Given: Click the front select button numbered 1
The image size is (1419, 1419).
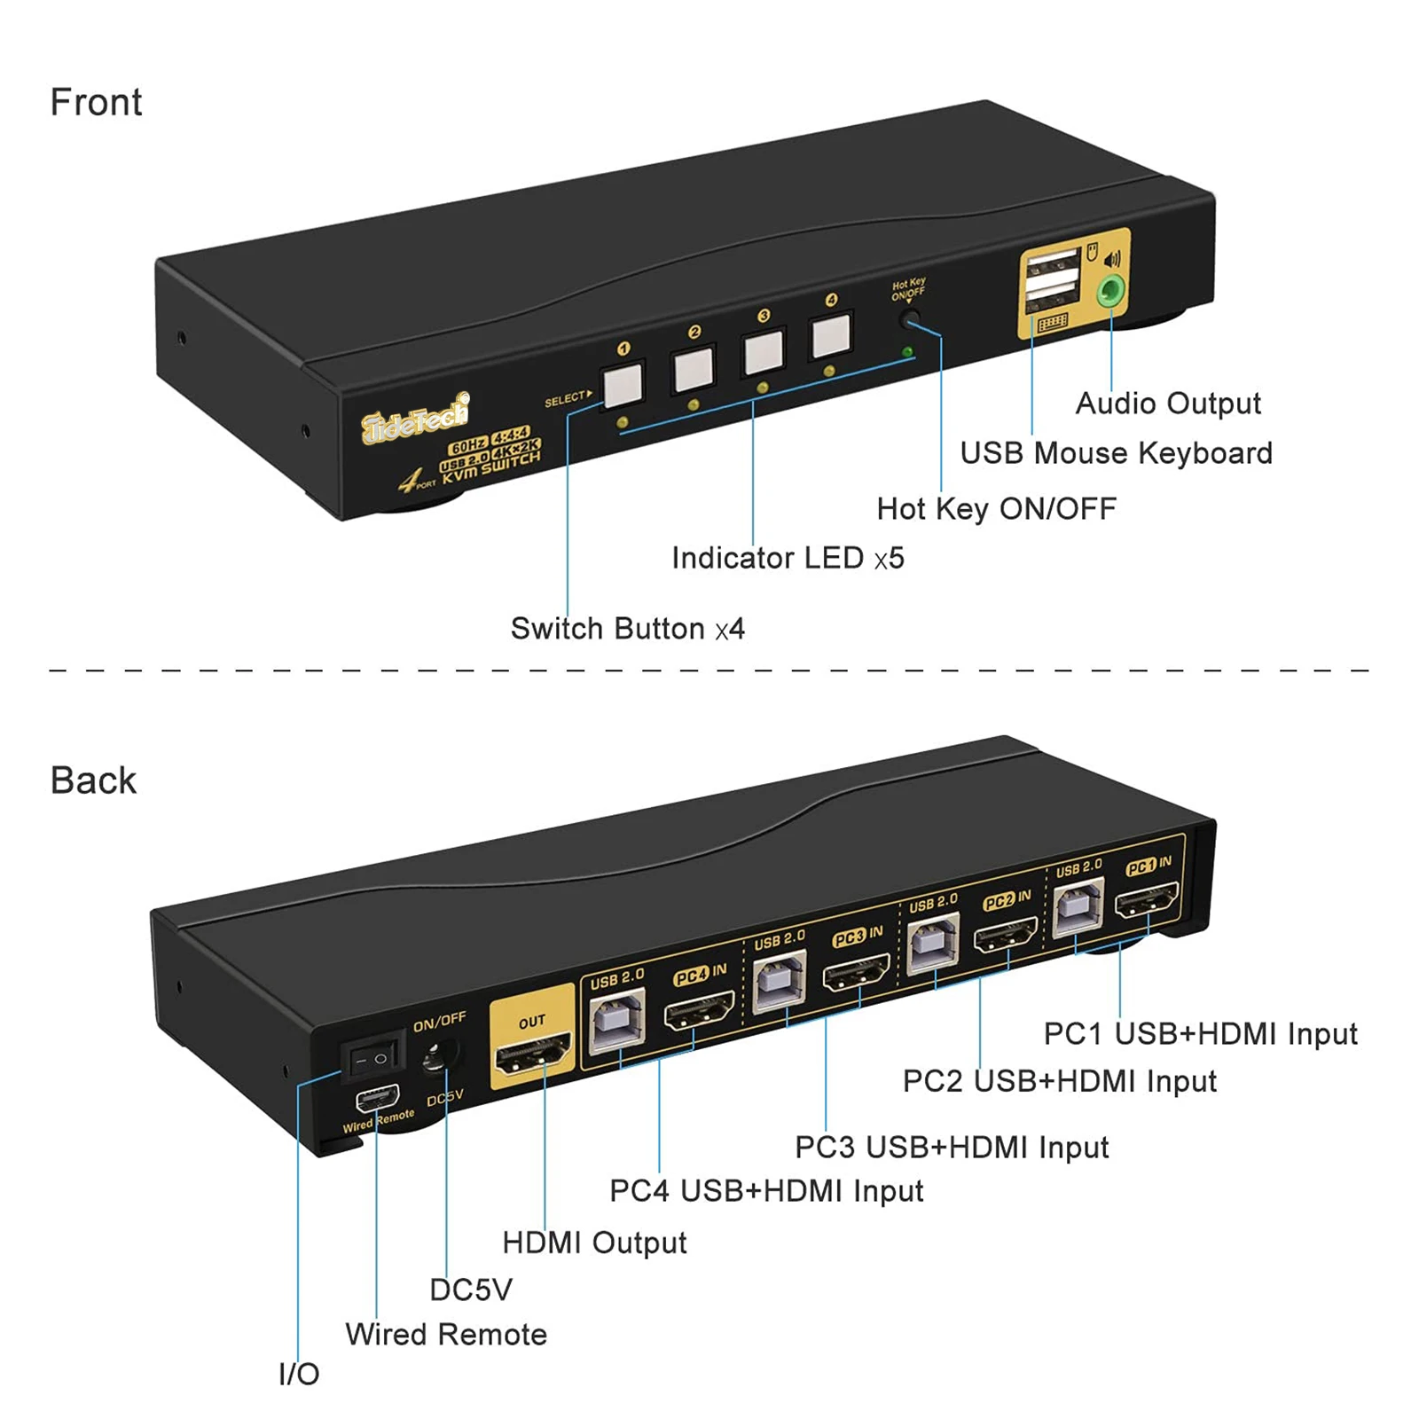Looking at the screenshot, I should pyautogui.click(x=623, y=384).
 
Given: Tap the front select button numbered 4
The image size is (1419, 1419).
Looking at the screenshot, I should pyautogui.click(x=831, y=334).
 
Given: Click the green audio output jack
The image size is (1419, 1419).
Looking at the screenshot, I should pyautogui.click(x=1110, y=290).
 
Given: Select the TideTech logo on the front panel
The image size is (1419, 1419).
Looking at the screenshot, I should pyautogui.click(x=415, y=417).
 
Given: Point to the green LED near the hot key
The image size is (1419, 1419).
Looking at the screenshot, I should pyautogui.click(x=907, y=352).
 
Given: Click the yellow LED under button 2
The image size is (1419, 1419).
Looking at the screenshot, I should pyautogui.click(x=694, y=404).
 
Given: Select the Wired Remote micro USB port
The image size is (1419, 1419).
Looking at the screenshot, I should pyautogui.click(x=377, y=1100).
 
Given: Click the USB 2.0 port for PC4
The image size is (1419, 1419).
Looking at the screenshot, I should pyautogui.click(x=617, y=1020).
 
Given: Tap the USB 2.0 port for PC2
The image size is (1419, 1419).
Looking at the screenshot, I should pyautogui.click(x=934, y=943).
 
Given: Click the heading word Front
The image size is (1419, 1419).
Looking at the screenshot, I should pyautogui.click(x=96, y=102).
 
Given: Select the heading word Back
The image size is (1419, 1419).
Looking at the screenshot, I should pyautogui.click(x=93, y=780).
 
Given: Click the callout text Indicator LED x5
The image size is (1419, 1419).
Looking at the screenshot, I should pyautogui.click(x=788, y=558).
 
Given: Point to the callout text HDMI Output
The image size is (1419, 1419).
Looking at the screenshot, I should pyautogui.click(x=594, y=1243).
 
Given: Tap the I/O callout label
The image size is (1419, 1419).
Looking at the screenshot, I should pyautogui.click(x=299, y=1374).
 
